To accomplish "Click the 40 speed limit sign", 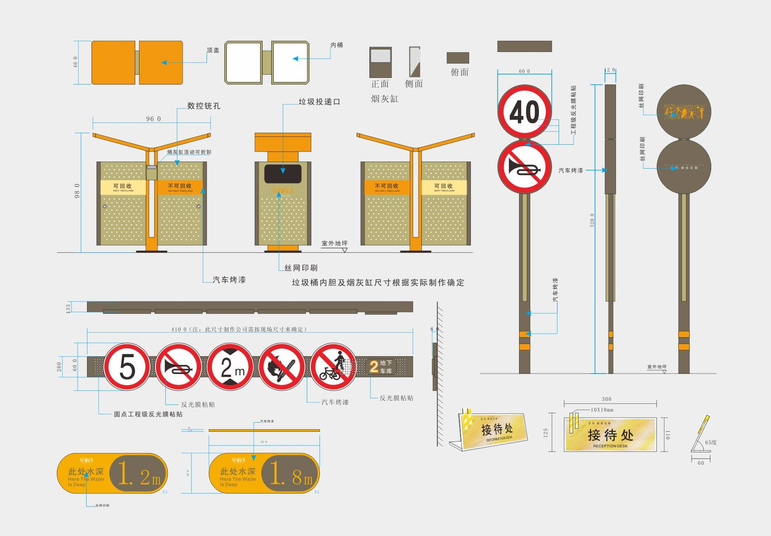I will pyautogui.click(x=524, y=111).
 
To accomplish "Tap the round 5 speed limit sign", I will pyautogui.click(x=127, y=367).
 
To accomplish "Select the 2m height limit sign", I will pyautogui.click(x=230, y=367).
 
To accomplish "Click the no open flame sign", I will pyautogui.click(x=282, y=367).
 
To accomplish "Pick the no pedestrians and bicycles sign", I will pyautogui.click(x=333, y=367).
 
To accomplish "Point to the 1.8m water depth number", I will pyautogui.click(x=291, y=473).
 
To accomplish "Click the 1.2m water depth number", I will pyautogui.click(x=139, y=473).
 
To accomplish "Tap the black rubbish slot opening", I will pyautogui.click(x=283, y=174).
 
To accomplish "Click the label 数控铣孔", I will pyautogui.click(x=204, y=106).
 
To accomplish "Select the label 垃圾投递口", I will pyautogui.click(x=320, y=102).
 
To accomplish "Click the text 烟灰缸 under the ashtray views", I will pyautogui.click(x=384, y=99).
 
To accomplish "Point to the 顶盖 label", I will pyautogui.click(x=213, y=50).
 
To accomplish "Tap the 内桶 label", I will pyautogui.click(x=337, y=45).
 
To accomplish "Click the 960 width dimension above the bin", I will pyautogui.click(x=153, y=119).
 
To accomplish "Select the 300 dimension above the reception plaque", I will pyautogui.click(x=606, y=399).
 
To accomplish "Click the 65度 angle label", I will pyautogui.click(x=710, y=442).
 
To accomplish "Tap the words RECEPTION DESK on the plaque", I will pyautogui.click(x=610, y=446).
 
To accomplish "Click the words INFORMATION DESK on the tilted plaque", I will pyautogui.click(x=499, y=439).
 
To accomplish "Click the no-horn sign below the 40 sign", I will pyautogui.click(x=524, y=167).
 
